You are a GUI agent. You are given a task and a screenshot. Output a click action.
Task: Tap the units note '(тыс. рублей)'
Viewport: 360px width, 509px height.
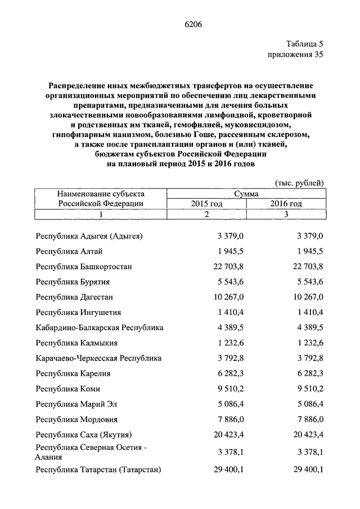click(299, 183)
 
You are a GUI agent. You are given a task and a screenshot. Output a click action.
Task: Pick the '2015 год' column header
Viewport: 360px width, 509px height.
click(206, 204)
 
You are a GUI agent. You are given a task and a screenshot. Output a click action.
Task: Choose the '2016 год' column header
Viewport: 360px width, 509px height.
click(286, 204)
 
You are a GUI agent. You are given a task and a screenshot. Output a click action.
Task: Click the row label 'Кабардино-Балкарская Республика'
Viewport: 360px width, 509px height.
click(99, 327)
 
